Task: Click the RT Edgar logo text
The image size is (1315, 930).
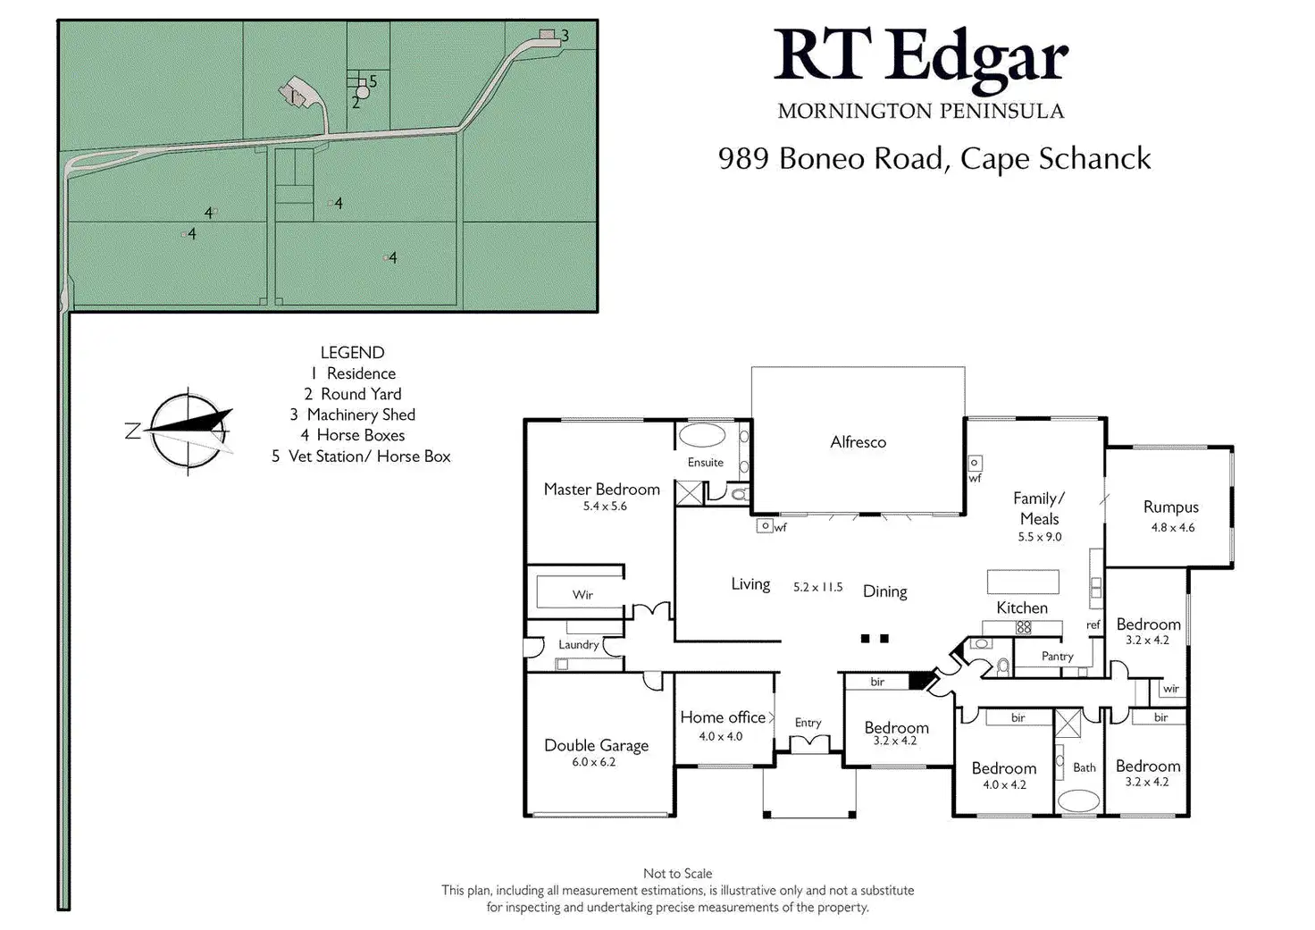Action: (920, 58)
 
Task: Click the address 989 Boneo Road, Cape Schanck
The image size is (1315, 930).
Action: (934, 158)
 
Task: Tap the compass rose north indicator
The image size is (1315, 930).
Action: (134, 431)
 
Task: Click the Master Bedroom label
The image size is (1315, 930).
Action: (601, 490)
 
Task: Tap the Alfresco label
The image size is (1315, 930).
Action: (858, 442)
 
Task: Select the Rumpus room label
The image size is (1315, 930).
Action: (1170, 507)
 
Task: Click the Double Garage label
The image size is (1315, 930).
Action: (596, 745)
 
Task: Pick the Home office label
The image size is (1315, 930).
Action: (723, 717)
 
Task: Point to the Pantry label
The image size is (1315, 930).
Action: (1057, 657)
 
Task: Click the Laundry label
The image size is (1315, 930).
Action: (578, 645)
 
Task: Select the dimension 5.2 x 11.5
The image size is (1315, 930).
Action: (817, 587)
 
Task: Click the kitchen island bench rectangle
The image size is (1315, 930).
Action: (1022, 582)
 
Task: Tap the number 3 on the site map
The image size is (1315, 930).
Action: (565, 37)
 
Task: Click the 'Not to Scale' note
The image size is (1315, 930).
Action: (677, 874)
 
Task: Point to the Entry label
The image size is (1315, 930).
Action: (808, 723)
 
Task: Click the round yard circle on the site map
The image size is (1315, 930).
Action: (363, 92)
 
